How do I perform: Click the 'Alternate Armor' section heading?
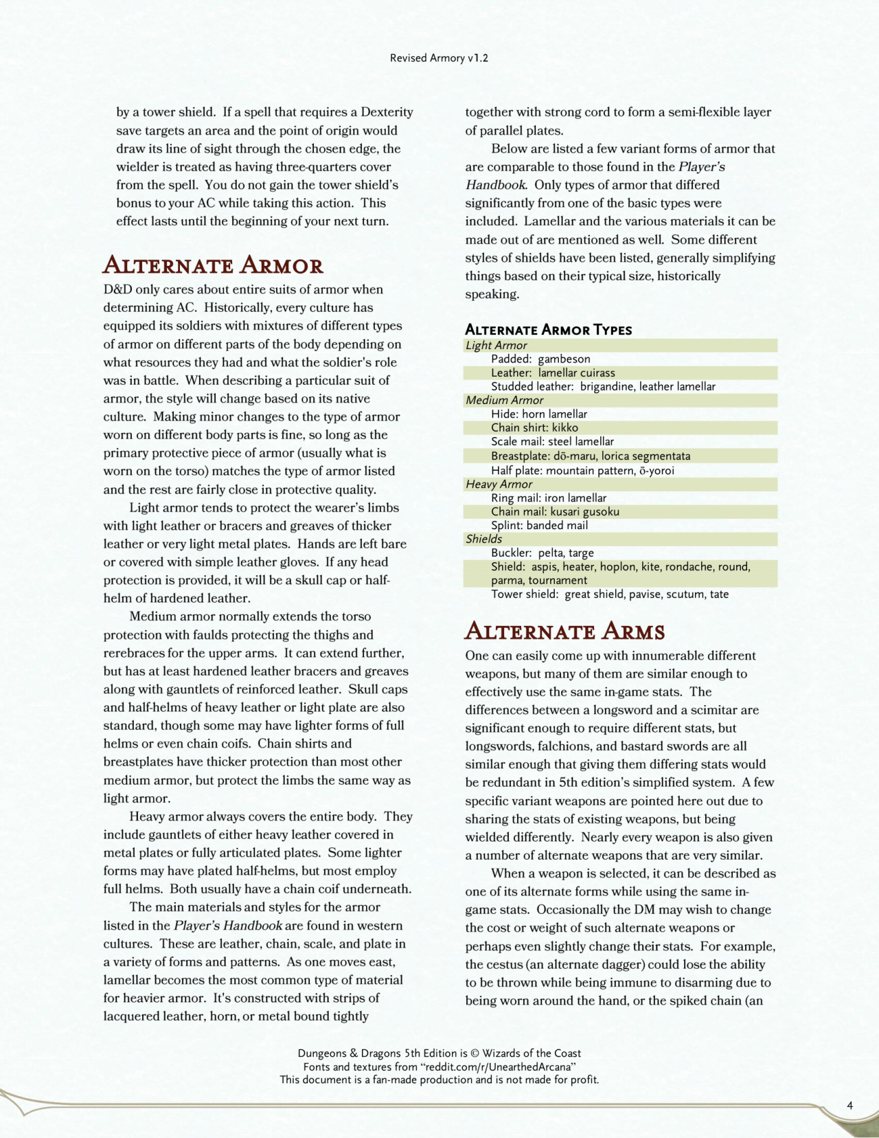[213, 266]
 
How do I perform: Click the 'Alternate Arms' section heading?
[564, 632]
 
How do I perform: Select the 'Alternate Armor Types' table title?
[548, 330]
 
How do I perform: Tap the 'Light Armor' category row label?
[496, 345]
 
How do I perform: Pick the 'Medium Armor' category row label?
[504, 400]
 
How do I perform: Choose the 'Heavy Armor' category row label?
[499, 484]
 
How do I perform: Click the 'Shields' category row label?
[483, 539]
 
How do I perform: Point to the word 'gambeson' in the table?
[564, 359]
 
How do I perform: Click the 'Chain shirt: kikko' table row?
[534, 427]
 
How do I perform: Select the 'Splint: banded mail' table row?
[539, 525]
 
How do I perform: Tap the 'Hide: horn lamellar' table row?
[539, 414]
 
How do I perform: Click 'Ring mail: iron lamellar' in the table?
[549, 498]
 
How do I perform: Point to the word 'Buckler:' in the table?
[511, 553]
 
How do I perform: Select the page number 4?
[849, 1106]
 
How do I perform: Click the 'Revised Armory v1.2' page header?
[439, 58]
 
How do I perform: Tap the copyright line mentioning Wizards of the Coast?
[439, 1053]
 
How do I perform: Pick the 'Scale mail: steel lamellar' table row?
[552, 441]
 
